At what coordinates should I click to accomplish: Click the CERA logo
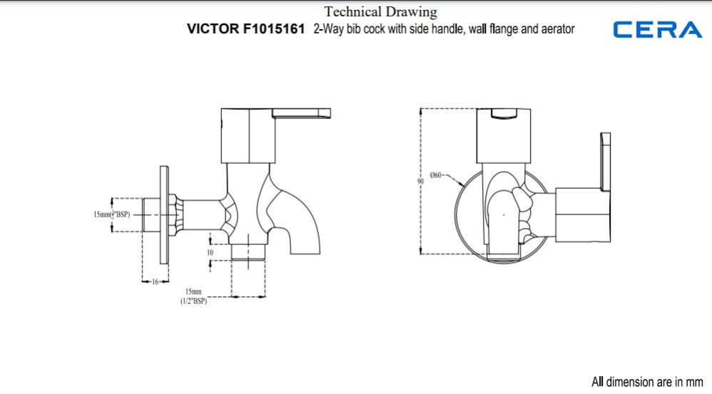[x=657, y=29]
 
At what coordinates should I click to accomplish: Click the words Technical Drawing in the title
[x=380, y=12]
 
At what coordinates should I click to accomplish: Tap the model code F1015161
[x=274, y=29]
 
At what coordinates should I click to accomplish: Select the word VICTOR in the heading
[x=213, y=29]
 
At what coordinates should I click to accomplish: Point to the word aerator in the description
[x=558, y=29]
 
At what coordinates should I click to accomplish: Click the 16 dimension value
[x=155, y=281]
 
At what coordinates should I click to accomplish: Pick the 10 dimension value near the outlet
[x=210, y=252]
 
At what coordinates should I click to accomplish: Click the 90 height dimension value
[x=420, y=182]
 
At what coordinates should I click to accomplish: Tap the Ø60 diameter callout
[x=435, y=175]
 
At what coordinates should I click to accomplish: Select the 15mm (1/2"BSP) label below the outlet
[x=193, y=296]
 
